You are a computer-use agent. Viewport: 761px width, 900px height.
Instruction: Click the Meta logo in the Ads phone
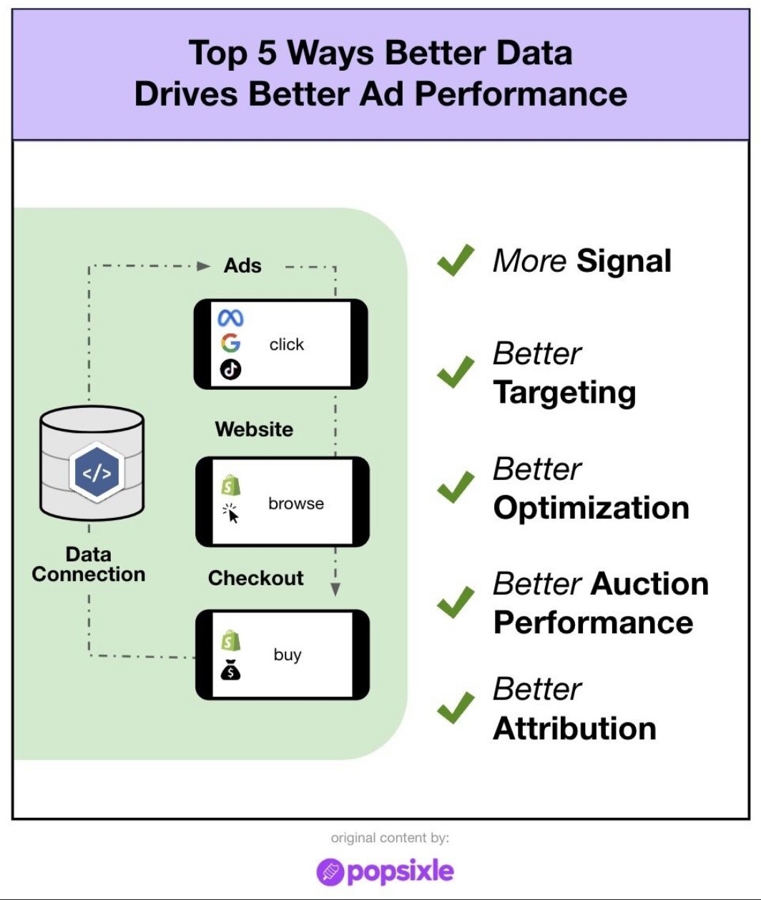click(230, 318)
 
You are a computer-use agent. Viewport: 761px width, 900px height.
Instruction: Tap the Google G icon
click(230, 343)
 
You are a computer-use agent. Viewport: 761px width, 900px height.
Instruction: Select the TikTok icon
click(230, 369)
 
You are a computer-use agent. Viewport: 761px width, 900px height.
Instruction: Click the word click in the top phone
click(287, 345)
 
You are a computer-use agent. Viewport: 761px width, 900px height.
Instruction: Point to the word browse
click(296, 504)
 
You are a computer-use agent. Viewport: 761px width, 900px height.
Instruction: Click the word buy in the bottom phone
click(288, 655)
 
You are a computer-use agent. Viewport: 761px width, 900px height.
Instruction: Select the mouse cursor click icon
click(231, 514)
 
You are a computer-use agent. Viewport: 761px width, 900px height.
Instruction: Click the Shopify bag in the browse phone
click(230, 486)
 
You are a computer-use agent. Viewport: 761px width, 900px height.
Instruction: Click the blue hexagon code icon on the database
click(97, 473)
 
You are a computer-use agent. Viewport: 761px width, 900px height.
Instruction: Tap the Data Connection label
click(89, 564)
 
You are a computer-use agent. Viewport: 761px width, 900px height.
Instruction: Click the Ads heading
click(242, 265)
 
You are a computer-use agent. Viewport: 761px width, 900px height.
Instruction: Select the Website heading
click(254, 429)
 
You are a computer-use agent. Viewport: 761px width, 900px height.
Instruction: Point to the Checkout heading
click(255, 578)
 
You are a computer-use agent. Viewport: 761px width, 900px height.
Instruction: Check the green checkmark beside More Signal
click(456, 260)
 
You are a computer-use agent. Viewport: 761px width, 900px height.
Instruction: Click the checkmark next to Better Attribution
click(456, 708)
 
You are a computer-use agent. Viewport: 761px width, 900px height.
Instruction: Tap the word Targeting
click(564, 393)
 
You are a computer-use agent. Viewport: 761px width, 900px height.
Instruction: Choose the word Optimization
click(591, 508)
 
